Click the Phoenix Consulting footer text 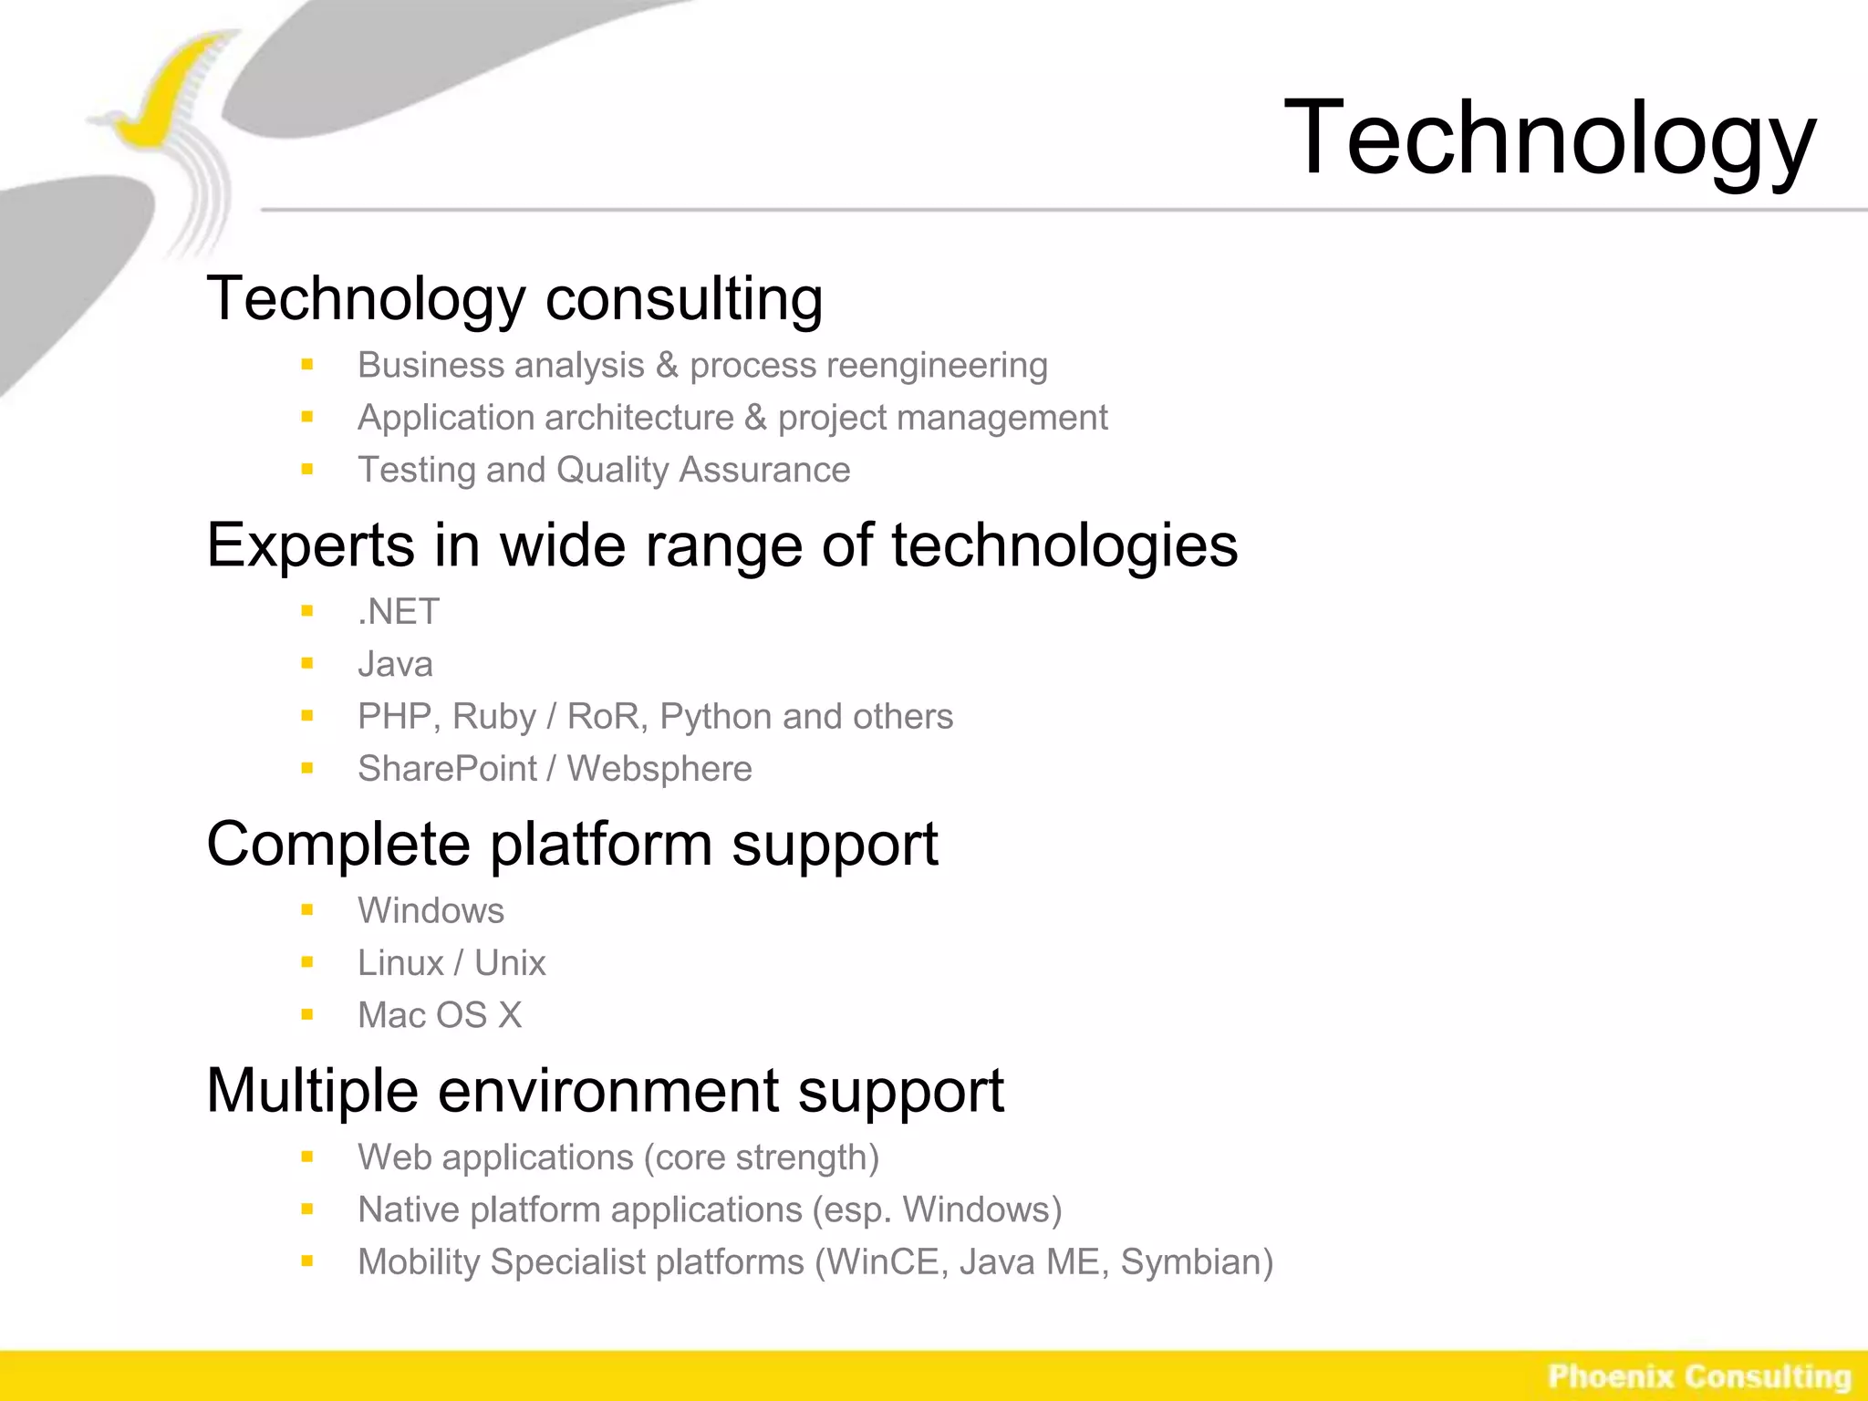[1698, 1376]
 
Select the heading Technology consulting [514, 299]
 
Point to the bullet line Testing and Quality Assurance [603, 470]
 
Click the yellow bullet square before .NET [307, 611]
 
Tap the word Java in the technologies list [395, 664]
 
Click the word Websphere [659, 769]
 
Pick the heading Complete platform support [572, 844]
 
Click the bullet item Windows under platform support [431, 910]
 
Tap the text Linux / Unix [451, 963]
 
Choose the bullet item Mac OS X [440, 1015]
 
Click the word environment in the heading [608, 1091]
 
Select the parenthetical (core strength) [762, 1157]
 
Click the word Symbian [1196, 1262]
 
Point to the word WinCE [881, 1262]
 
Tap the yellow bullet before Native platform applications [307, 1210]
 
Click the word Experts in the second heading [310, 545]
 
